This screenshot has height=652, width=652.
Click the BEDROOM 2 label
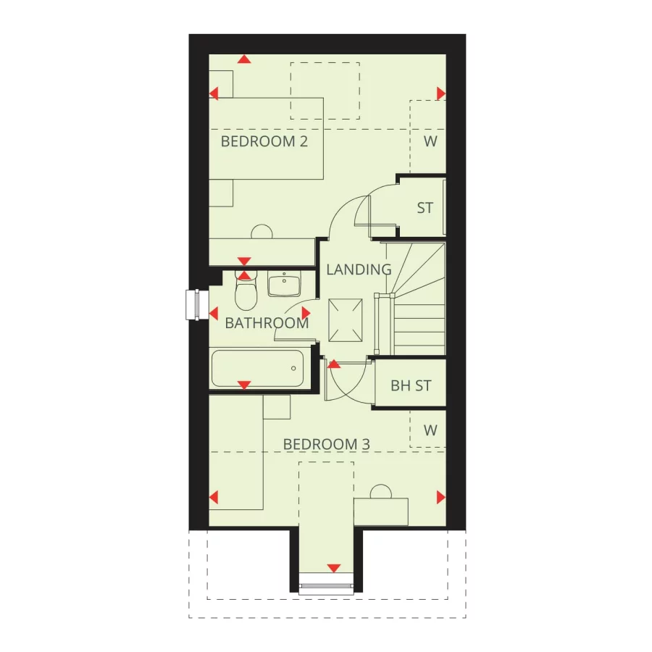coord(264,141)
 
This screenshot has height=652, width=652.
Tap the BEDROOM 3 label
coord(320,443)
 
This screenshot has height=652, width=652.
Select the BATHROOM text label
coord(267,323)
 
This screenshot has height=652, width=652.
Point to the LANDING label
coord(359,269)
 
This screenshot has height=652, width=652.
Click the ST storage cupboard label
coord(425,208)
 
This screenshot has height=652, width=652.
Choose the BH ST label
coord(411,385)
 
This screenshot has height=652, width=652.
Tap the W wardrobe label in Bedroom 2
coord(430,141)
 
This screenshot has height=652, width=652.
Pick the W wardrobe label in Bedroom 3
coord(430,430)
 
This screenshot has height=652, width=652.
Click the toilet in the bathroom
coord(246,293)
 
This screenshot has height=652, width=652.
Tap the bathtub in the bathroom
coord(257,368)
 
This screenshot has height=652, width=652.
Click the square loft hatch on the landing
coord(345,319)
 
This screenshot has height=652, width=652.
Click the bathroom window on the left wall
coord(196,304)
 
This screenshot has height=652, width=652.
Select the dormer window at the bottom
coord(326,582)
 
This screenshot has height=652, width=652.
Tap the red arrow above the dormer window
coord(333,568)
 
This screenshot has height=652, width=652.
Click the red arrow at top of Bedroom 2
coord(245,59)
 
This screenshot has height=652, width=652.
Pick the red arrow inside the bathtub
coord(244,384)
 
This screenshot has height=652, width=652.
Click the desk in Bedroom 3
coord(380,511)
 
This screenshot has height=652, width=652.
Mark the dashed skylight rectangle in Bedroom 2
coord(325,91)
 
